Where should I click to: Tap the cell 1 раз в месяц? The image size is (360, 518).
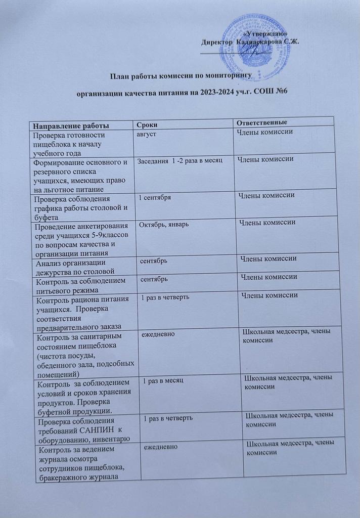pos(164,379)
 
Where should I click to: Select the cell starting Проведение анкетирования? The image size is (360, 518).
pos(80,235)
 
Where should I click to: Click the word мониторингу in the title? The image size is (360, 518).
pos(224,76)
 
